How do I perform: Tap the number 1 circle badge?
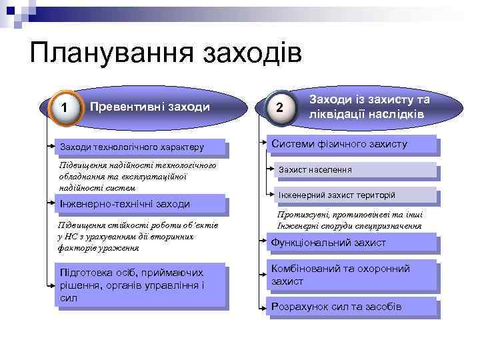pyautogui.click(x=63, y=107)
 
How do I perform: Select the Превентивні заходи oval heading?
pyautogui.click(x=149, y=107)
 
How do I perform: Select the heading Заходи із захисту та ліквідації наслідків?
pyautogui.click(x=368, y=106)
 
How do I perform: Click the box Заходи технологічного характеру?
pyautogui.click(x=139, y=147)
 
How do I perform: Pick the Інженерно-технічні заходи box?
pyautogui.click(x=139, y=203)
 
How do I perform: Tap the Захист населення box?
pyautogui.click(x=357, y=170)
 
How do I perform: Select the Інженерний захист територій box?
pyautogui.click(x=357, y=195)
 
